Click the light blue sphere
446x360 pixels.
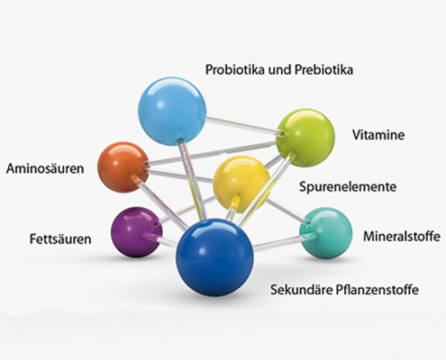coord(172,112)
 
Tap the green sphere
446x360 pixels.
coord(305,138)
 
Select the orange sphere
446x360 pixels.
coord(123,166)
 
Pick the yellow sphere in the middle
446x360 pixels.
coord(241,184)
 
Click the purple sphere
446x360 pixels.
coord(137,231)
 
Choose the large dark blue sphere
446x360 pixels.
coord(215,257)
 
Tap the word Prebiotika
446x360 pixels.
coord(323,70)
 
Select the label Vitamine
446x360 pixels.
coord(378,135)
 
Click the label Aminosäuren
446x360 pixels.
coord(45,168)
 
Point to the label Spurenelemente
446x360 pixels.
coord(348,187)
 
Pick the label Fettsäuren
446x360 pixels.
coord(60,239)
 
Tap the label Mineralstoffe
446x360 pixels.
coord(402,236)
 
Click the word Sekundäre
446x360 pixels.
coord(300,290)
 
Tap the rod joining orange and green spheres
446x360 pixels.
coord(213,153)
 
